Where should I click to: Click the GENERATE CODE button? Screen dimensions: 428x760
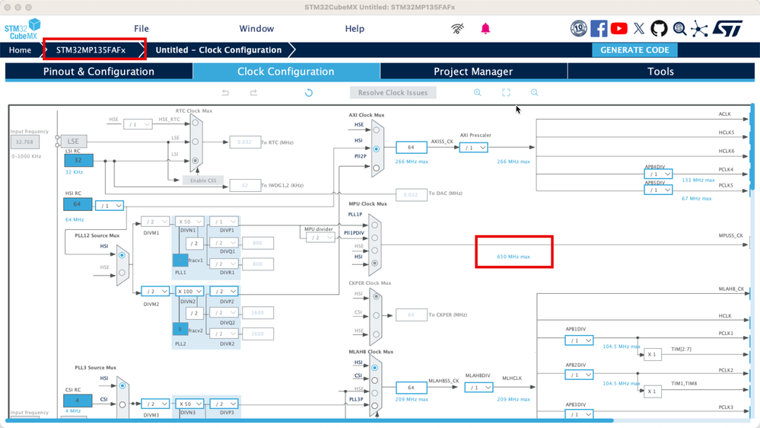634,50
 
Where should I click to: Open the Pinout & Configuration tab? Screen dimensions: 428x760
99,72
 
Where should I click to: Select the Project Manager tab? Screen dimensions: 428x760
473,72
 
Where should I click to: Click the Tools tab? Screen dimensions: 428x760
660,72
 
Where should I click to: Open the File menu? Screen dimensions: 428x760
142,29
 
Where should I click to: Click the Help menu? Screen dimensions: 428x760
355,29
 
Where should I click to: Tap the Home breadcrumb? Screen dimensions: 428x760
20,50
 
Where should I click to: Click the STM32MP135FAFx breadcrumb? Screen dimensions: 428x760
91,50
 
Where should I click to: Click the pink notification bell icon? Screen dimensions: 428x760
485,28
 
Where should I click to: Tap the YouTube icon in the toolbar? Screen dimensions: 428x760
619,29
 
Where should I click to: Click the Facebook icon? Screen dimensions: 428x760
599,29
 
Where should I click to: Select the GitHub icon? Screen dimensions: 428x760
659,29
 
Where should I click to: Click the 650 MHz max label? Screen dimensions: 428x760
514,257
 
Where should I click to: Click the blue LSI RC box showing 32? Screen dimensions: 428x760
78,161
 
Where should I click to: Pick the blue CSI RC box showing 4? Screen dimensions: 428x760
78,400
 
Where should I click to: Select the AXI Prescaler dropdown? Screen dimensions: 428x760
473,148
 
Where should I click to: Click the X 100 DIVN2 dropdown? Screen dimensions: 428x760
189,291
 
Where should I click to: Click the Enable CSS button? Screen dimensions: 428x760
204,180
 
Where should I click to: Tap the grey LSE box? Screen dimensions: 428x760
74,141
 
